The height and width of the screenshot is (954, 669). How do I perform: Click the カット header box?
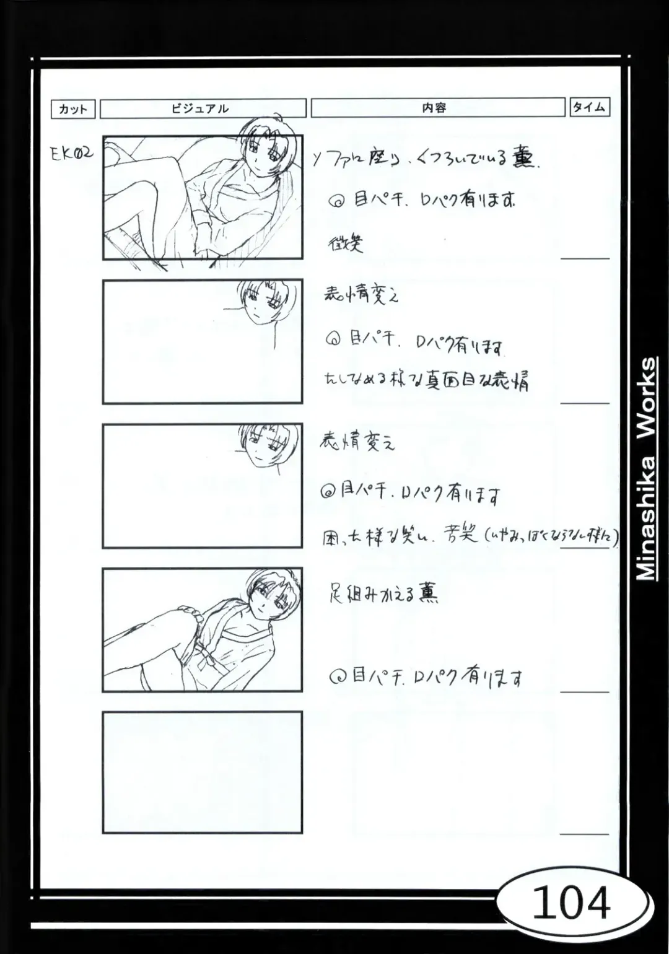[73, 109]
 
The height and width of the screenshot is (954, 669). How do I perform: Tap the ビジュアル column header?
[203, 108]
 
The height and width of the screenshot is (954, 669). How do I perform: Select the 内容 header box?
[437, 107]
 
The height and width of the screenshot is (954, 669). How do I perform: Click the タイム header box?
[589, 107]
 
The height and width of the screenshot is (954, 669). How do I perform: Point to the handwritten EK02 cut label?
[72, 154]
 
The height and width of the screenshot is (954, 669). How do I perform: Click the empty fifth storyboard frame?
[202, 772]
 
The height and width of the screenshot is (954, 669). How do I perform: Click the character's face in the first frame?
[260, 149]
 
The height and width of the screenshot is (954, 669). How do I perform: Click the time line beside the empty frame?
[585, 834]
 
